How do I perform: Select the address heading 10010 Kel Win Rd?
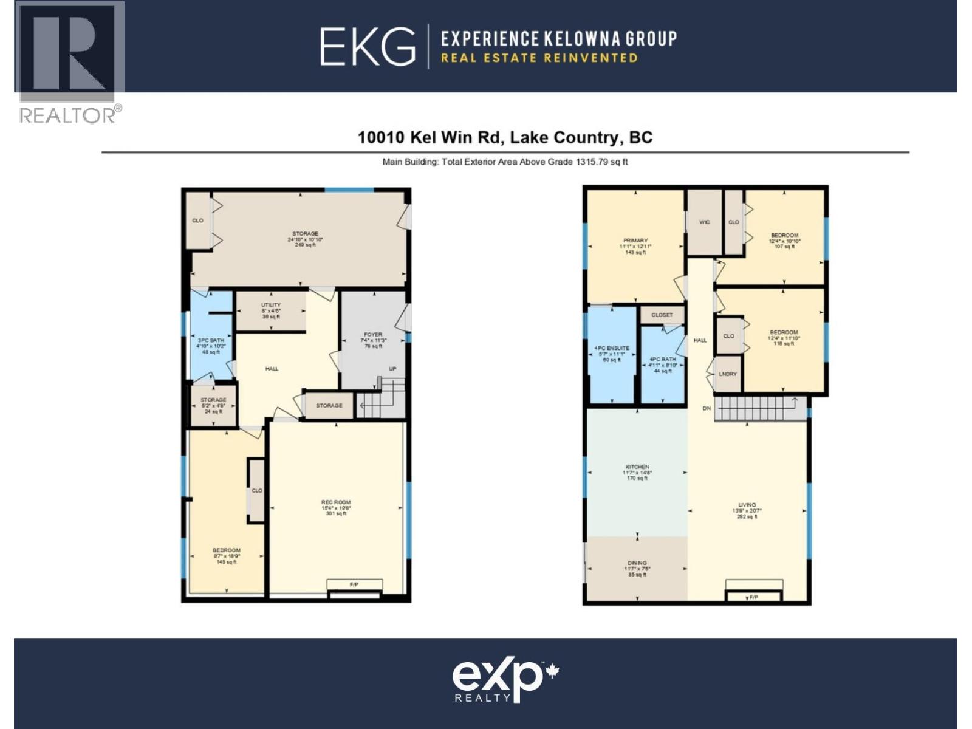coord(505,137)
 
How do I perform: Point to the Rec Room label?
coord(336,502)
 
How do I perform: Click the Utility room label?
coord(271,305)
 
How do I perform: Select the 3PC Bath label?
coord(211,340)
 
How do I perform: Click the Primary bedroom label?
coord(635,241)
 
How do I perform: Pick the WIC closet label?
coord(704,222)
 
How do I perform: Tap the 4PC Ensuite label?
coord(612,349)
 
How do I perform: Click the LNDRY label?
coord(728,374)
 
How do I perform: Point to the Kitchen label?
coord(637,467)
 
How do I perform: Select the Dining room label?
coord(637,563)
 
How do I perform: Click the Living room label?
coord(747,505)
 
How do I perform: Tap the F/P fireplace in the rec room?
coord(354,584)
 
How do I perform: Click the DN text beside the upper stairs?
coord(707,409)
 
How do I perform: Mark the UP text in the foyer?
coord(392,369)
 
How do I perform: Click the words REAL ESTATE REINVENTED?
coord(539,58)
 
